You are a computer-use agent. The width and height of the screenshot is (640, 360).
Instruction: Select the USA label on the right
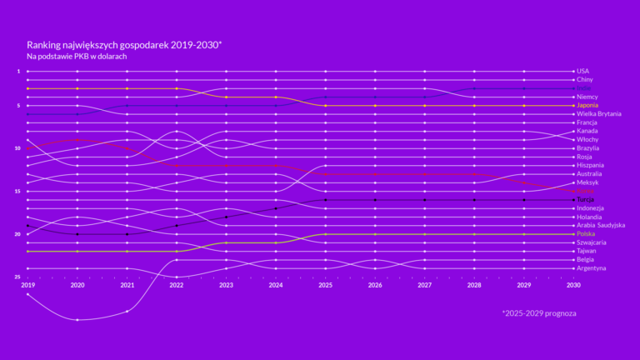(582, 71)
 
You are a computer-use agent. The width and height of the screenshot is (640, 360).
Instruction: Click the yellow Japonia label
(587, 105)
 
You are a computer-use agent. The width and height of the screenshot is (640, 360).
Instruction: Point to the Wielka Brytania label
(598, 113)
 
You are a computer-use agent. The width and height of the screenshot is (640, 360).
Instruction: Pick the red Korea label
(586, 191)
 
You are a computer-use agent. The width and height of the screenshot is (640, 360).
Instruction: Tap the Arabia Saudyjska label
(601, 225)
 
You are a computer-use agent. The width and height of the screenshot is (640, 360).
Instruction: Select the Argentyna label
(591, 268)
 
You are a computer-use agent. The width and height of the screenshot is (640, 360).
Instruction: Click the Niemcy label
(587, 97)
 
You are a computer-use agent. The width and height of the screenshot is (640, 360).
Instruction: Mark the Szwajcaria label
(591, 242)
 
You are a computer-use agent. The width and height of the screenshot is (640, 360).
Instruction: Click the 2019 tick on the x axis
(27, 284)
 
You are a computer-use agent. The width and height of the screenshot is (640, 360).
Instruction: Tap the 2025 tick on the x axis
(325, 284)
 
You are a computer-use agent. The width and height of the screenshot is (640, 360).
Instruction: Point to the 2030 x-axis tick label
(573, 284)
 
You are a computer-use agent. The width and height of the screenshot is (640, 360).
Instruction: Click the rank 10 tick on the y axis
(17, 148)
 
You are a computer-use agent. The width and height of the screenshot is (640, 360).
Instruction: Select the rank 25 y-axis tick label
(17, 277)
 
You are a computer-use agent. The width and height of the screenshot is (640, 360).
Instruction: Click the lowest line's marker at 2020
(77, 320)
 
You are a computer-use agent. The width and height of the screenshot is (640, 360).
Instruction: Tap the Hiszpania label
(591, 165)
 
